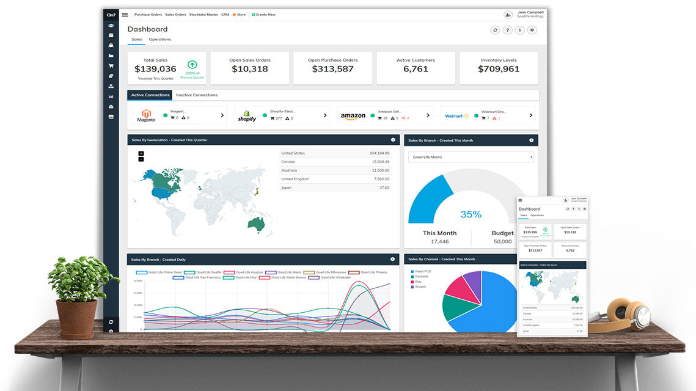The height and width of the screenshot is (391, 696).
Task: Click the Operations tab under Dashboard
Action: point(160,40)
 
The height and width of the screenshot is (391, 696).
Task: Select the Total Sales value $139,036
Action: point(155,69)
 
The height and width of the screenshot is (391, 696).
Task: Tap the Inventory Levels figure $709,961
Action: point(499,69)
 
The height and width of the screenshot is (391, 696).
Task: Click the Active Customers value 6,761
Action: point(416,69)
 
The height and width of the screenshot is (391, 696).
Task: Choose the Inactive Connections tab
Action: point(197,95)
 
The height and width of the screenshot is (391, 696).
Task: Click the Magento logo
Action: point(146,115)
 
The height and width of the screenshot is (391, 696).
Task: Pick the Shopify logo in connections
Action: point(247,116)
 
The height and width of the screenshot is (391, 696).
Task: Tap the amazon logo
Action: point(353,116)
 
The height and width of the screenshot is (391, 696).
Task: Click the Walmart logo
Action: point(456,115)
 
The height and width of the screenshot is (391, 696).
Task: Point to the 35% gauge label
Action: point(471,214)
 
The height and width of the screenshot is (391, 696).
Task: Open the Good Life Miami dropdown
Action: point(471,158)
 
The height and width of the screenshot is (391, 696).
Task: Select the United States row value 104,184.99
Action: point(379,153)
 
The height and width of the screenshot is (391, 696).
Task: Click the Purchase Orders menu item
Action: point(148,15)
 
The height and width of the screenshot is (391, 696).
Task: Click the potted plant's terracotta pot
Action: point(76,318)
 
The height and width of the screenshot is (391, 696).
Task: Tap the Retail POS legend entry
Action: point(422,271)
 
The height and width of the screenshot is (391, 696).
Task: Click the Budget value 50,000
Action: point(502,242)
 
